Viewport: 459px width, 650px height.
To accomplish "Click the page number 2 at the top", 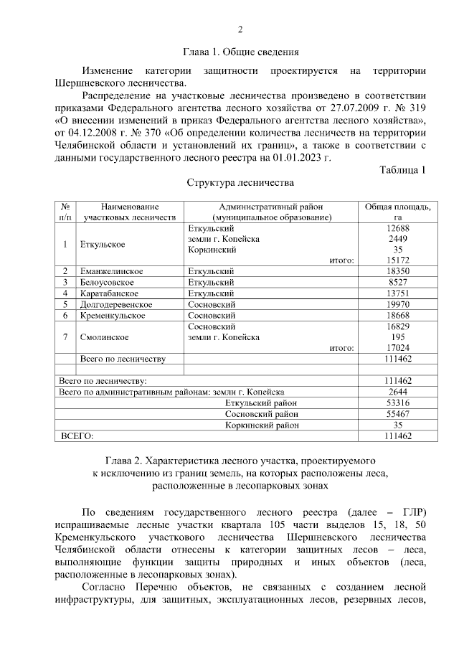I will click(x=241, y=29).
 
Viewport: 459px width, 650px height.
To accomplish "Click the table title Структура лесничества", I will click(x=240, y=183).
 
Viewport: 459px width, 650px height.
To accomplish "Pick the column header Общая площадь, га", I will click(x=397, y=211).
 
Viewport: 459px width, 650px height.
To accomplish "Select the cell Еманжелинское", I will click(x=113, y=271).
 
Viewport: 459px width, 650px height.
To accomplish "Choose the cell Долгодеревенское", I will click(x=116, y=304).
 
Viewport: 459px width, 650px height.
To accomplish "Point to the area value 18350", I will click(x=397, y=271).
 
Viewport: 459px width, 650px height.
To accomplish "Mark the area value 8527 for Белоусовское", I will click(x=397, y=282).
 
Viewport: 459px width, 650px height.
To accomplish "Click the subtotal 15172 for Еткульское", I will click(x=397, y=260).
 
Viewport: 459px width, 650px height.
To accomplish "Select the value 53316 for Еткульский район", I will click(x=397, y=403).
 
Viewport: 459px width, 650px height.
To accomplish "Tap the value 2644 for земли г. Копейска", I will click(x=397, y=392).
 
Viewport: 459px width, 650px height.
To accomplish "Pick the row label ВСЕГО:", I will click(x=77, y=435).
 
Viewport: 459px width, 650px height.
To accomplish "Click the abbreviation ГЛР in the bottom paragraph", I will click(x=412, y=512).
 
